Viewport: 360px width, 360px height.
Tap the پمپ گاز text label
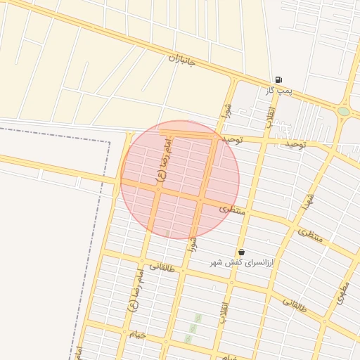279,91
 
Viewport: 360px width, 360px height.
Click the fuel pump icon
280,79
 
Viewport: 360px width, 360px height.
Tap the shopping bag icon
242,252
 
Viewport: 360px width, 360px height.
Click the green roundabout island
343,111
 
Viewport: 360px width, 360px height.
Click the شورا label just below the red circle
193,247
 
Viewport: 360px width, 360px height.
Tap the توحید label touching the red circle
232,140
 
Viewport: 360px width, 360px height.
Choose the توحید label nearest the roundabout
295,144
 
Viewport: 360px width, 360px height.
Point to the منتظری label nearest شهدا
309,236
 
